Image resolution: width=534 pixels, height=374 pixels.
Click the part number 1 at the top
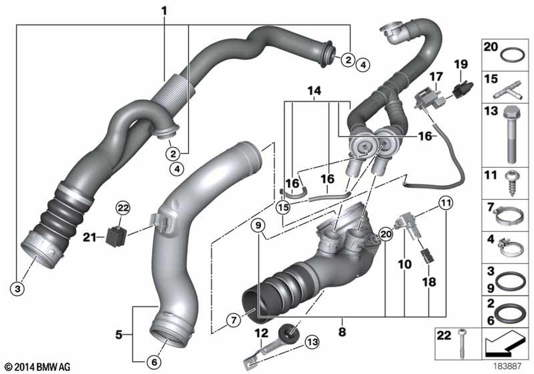164,11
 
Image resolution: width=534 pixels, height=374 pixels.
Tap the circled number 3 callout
18,289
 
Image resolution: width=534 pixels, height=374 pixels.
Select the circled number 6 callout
154,362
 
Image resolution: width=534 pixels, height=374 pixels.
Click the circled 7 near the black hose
234,320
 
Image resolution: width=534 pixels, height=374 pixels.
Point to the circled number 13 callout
312,341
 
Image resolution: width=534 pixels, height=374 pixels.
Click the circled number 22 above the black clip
123,208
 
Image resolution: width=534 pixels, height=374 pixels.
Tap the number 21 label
90,237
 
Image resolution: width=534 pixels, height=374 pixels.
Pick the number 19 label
461,64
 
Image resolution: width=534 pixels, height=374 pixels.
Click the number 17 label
436,76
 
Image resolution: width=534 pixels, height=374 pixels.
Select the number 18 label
429,282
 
